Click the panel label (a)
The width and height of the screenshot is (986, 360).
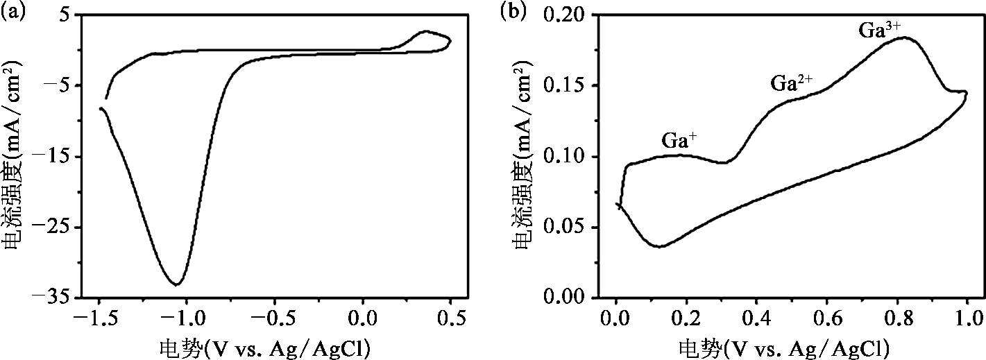[x=12, y=12]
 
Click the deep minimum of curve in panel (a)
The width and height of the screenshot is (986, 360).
[x=177, y=284]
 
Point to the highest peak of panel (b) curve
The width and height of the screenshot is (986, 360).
[x=904, y=38]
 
